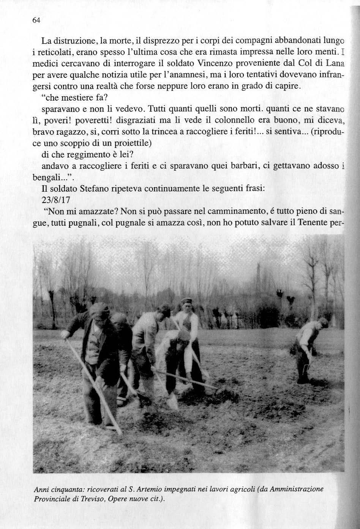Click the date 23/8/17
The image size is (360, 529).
coord(57,200)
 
